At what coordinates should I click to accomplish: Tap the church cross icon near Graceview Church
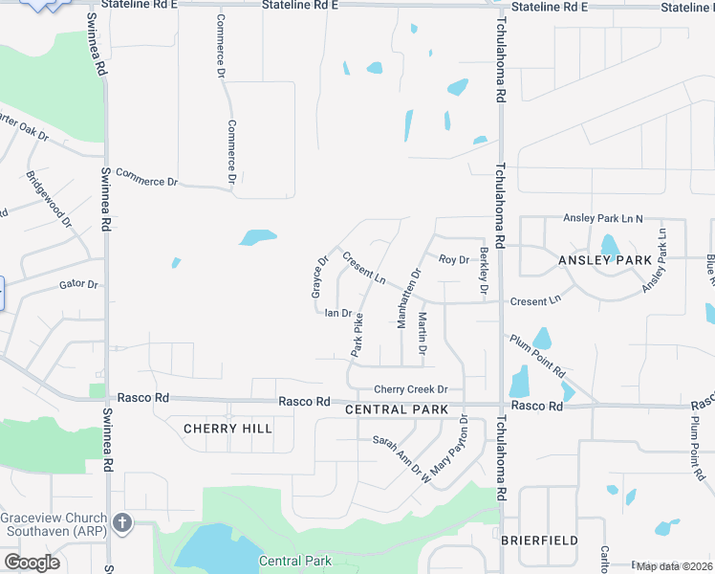120,523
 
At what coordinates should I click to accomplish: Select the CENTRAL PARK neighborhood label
397,409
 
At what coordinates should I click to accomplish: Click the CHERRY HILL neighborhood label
227,429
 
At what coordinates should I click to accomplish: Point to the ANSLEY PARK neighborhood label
606,260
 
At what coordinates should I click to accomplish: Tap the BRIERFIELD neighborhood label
539,541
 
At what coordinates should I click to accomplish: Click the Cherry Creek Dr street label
411,389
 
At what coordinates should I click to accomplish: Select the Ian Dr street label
339,313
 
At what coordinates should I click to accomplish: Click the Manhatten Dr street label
408,298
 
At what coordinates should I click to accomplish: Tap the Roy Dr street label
454,259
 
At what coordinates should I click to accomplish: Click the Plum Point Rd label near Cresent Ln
537,356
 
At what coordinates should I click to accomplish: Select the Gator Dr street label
79,284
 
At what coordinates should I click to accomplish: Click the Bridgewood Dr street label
50,200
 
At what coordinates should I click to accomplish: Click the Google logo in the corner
32,563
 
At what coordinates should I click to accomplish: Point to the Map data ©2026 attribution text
675,566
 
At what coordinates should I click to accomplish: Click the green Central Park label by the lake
294,562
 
